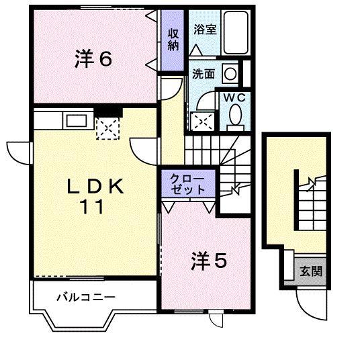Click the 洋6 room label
tap(93, 59)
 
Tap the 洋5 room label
tap(209, 259)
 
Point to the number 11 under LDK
tap(93, 208)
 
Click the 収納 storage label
tap(173, 39)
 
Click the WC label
tap(234, 97)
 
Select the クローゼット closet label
tap(187, 184)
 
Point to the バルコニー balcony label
tap(85, 296)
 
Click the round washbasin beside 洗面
tap(230, 73)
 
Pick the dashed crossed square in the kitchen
tap(107, 128)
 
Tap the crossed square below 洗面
tap(204, 120)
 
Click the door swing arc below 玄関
tap(310, 304)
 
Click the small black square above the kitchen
tap(107, 111)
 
